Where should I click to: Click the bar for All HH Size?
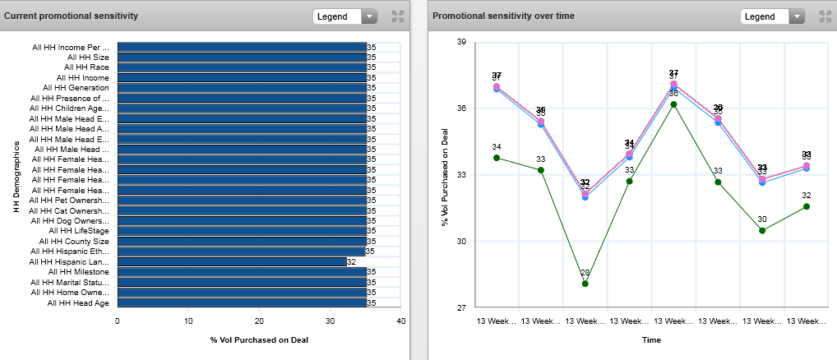[x=241, y=58]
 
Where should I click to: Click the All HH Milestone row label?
[x=78, y=272]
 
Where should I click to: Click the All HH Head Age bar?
[x=241, y=302]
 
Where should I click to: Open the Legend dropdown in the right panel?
[x=772, y=16]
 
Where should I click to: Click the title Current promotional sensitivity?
[x=71, y=16]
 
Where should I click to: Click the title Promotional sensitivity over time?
[x=503, y=16]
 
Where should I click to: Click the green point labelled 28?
[x=585, y=284]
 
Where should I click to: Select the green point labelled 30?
[x=762, y=230]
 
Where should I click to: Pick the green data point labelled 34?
[x=497, y=158]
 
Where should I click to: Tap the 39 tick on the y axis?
[x=461, y=42]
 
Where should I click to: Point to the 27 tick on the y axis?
[x=461, y=308]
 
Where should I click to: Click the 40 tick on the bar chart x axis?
[x=401, y=321]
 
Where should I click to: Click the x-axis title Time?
[x=651, y=339]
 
